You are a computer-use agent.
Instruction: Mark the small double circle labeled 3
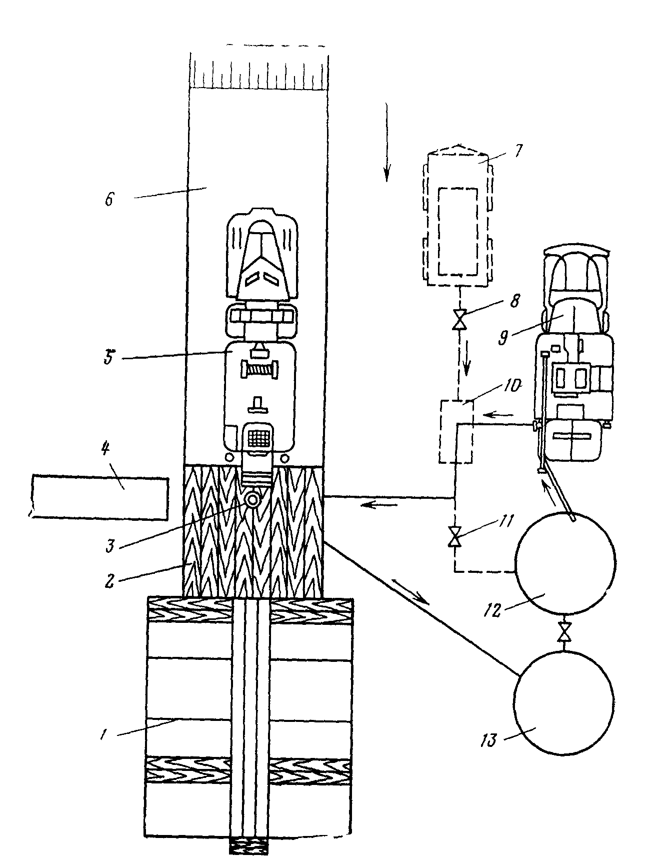pyautogui.click(x=253, y=500)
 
